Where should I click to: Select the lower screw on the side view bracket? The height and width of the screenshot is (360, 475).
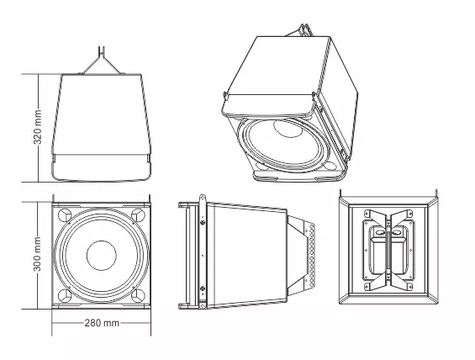pyautogui.click(x=203, y=291)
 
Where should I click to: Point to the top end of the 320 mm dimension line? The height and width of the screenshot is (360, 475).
pyautogui.click(x=40, y=74)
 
